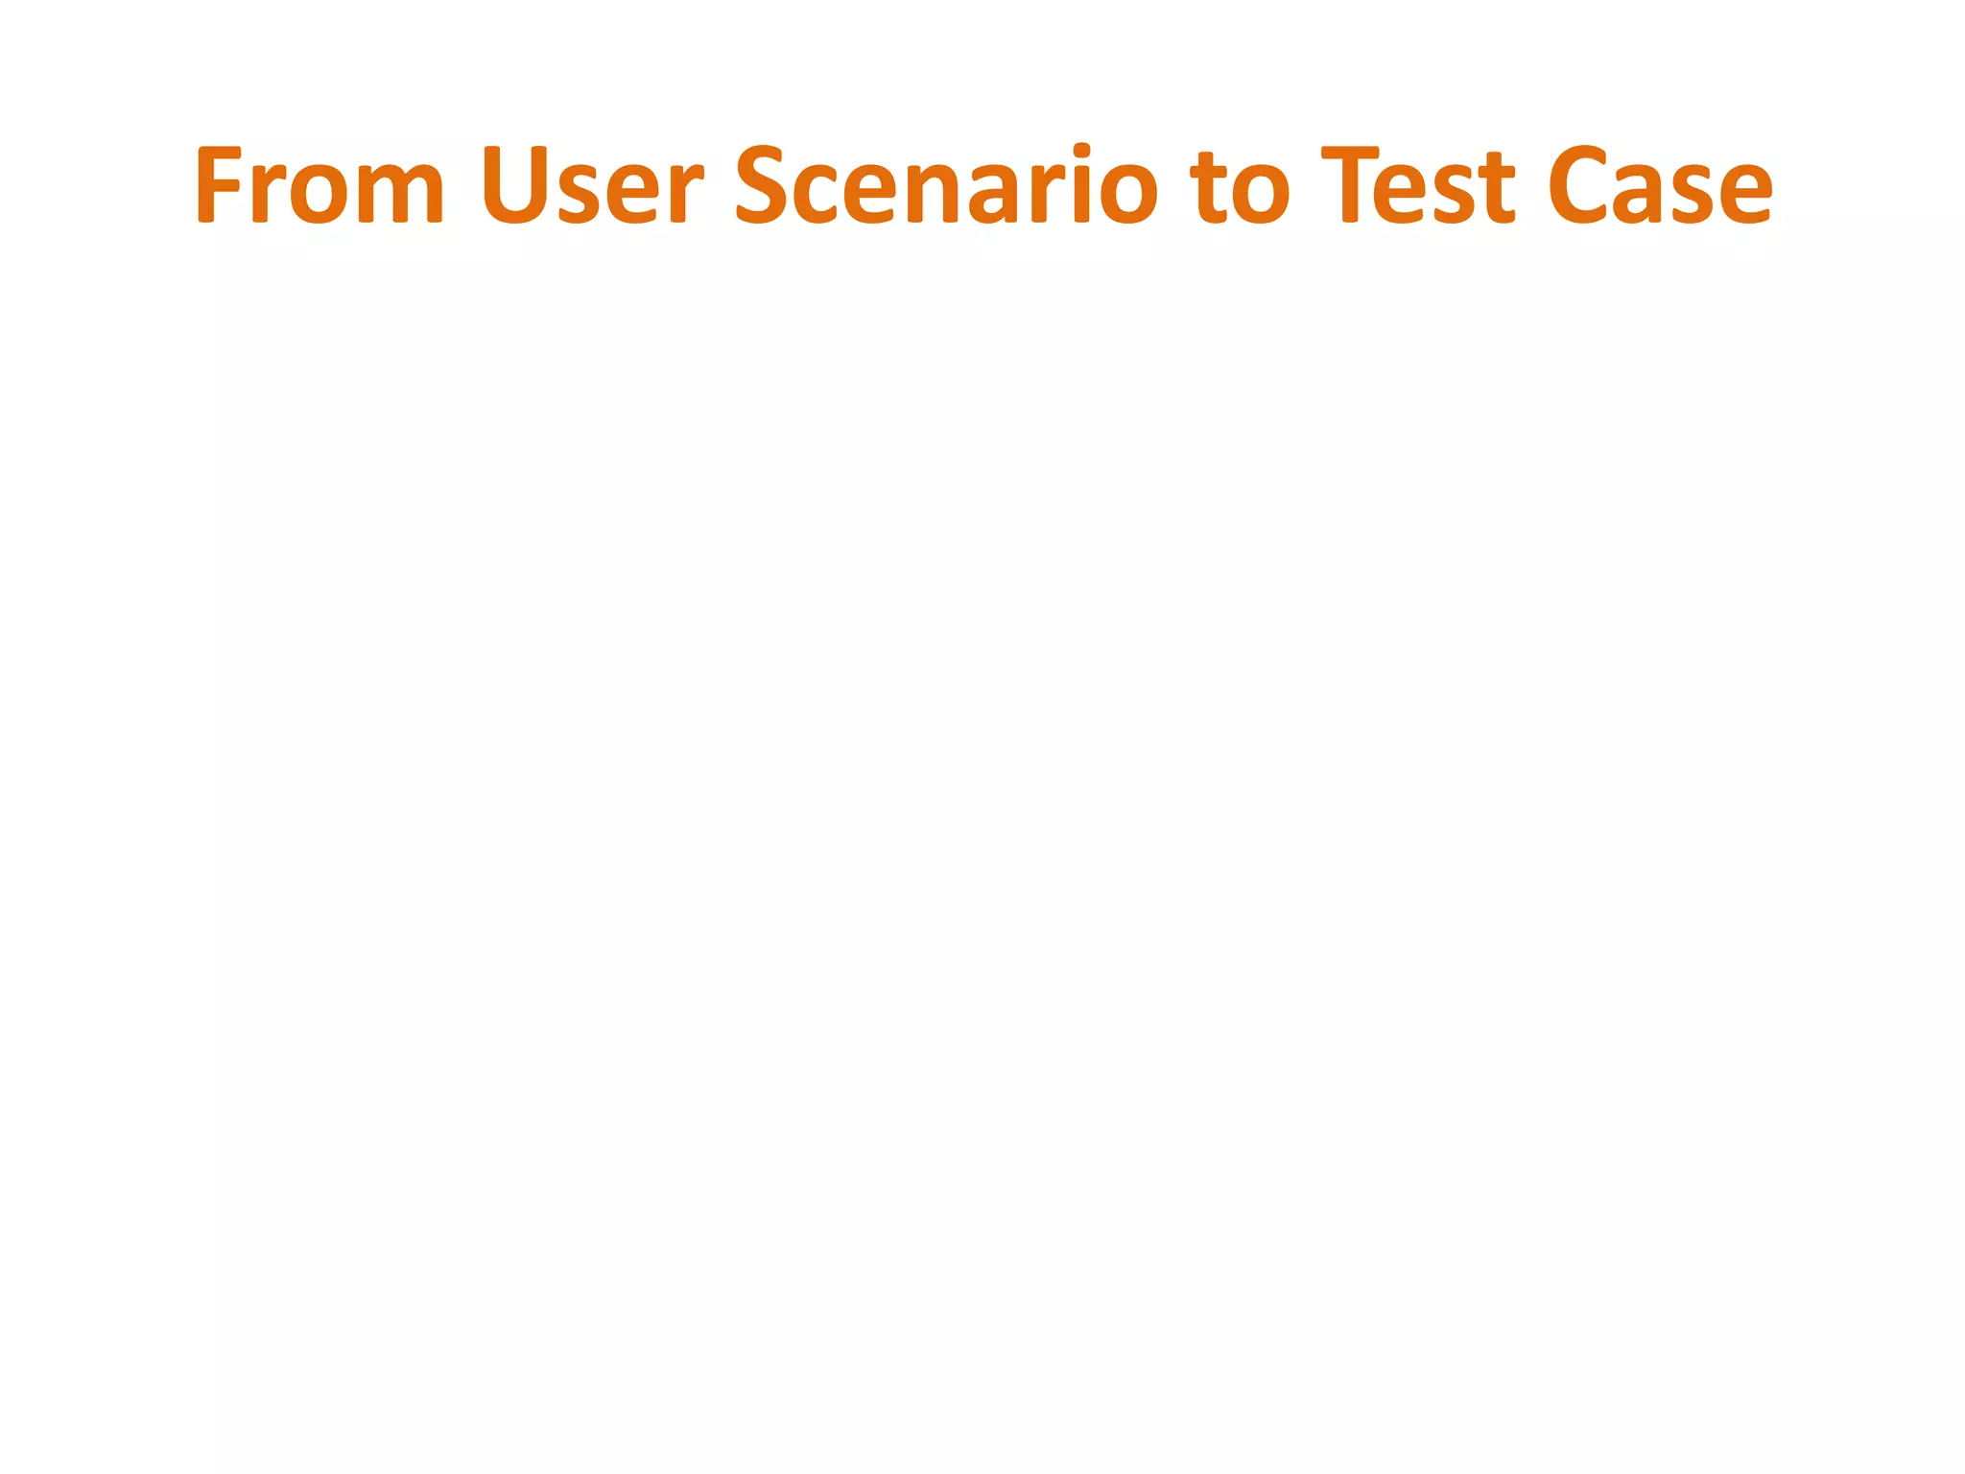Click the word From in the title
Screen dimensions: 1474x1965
320,185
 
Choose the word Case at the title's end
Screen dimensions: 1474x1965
1660,185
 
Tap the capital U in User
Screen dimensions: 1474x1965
514,185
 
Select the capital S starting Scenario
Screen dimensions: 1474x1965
765,185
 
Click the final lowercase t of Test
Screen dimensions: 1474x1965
1497,188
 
